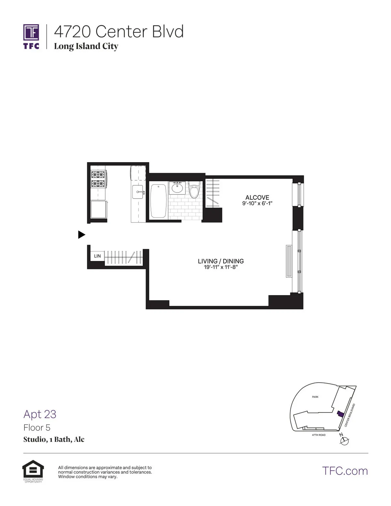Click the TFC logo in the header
[31, 36]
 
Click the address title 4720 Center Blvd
[119, 32]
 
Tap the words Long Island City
[86, 46]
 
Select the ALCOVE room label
[257, 197]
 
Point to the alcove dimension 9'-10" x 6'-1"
[257, 203]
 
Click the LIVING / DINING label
[221, 261]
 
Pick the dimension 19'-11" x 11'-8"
[221, 267]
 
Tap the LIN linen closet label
[97, 256]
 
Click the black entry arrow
[81, 235]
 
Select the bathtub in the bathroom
[158, 201]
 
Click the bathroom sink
[177, 188]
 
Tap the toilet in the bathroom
[194, 191]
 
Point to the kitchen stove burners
[99, 179]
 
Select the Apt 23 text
[40, 414]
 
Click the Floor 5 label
[37, 427]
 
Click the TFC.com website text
[345, 471]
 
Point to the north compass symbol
[344, 440]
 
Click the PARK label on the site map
[315, 397]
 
